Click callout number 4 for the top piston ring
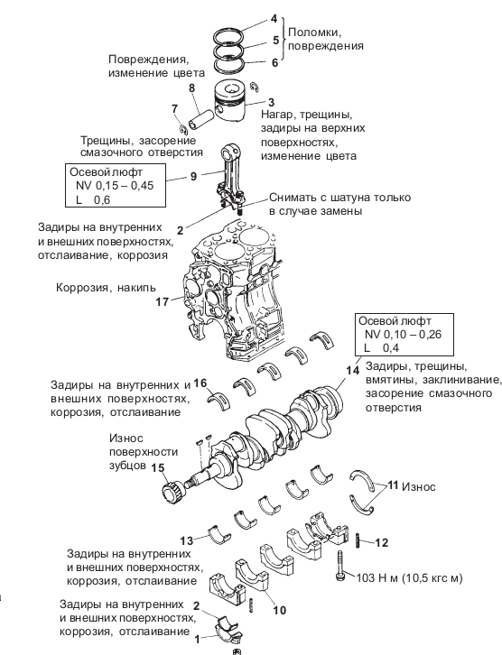[x=274, y=20]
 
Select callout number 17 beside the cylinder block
[x=163, y=302]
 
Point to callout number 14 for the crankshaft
[x=353, y=371]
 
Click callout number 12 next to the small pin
[x=382, y=542]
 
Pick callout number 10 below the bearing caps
[x=280, y=610]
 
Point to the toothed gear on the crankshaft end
[x=172, y=494]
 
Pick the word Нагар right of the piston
[x=277, y=115]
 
